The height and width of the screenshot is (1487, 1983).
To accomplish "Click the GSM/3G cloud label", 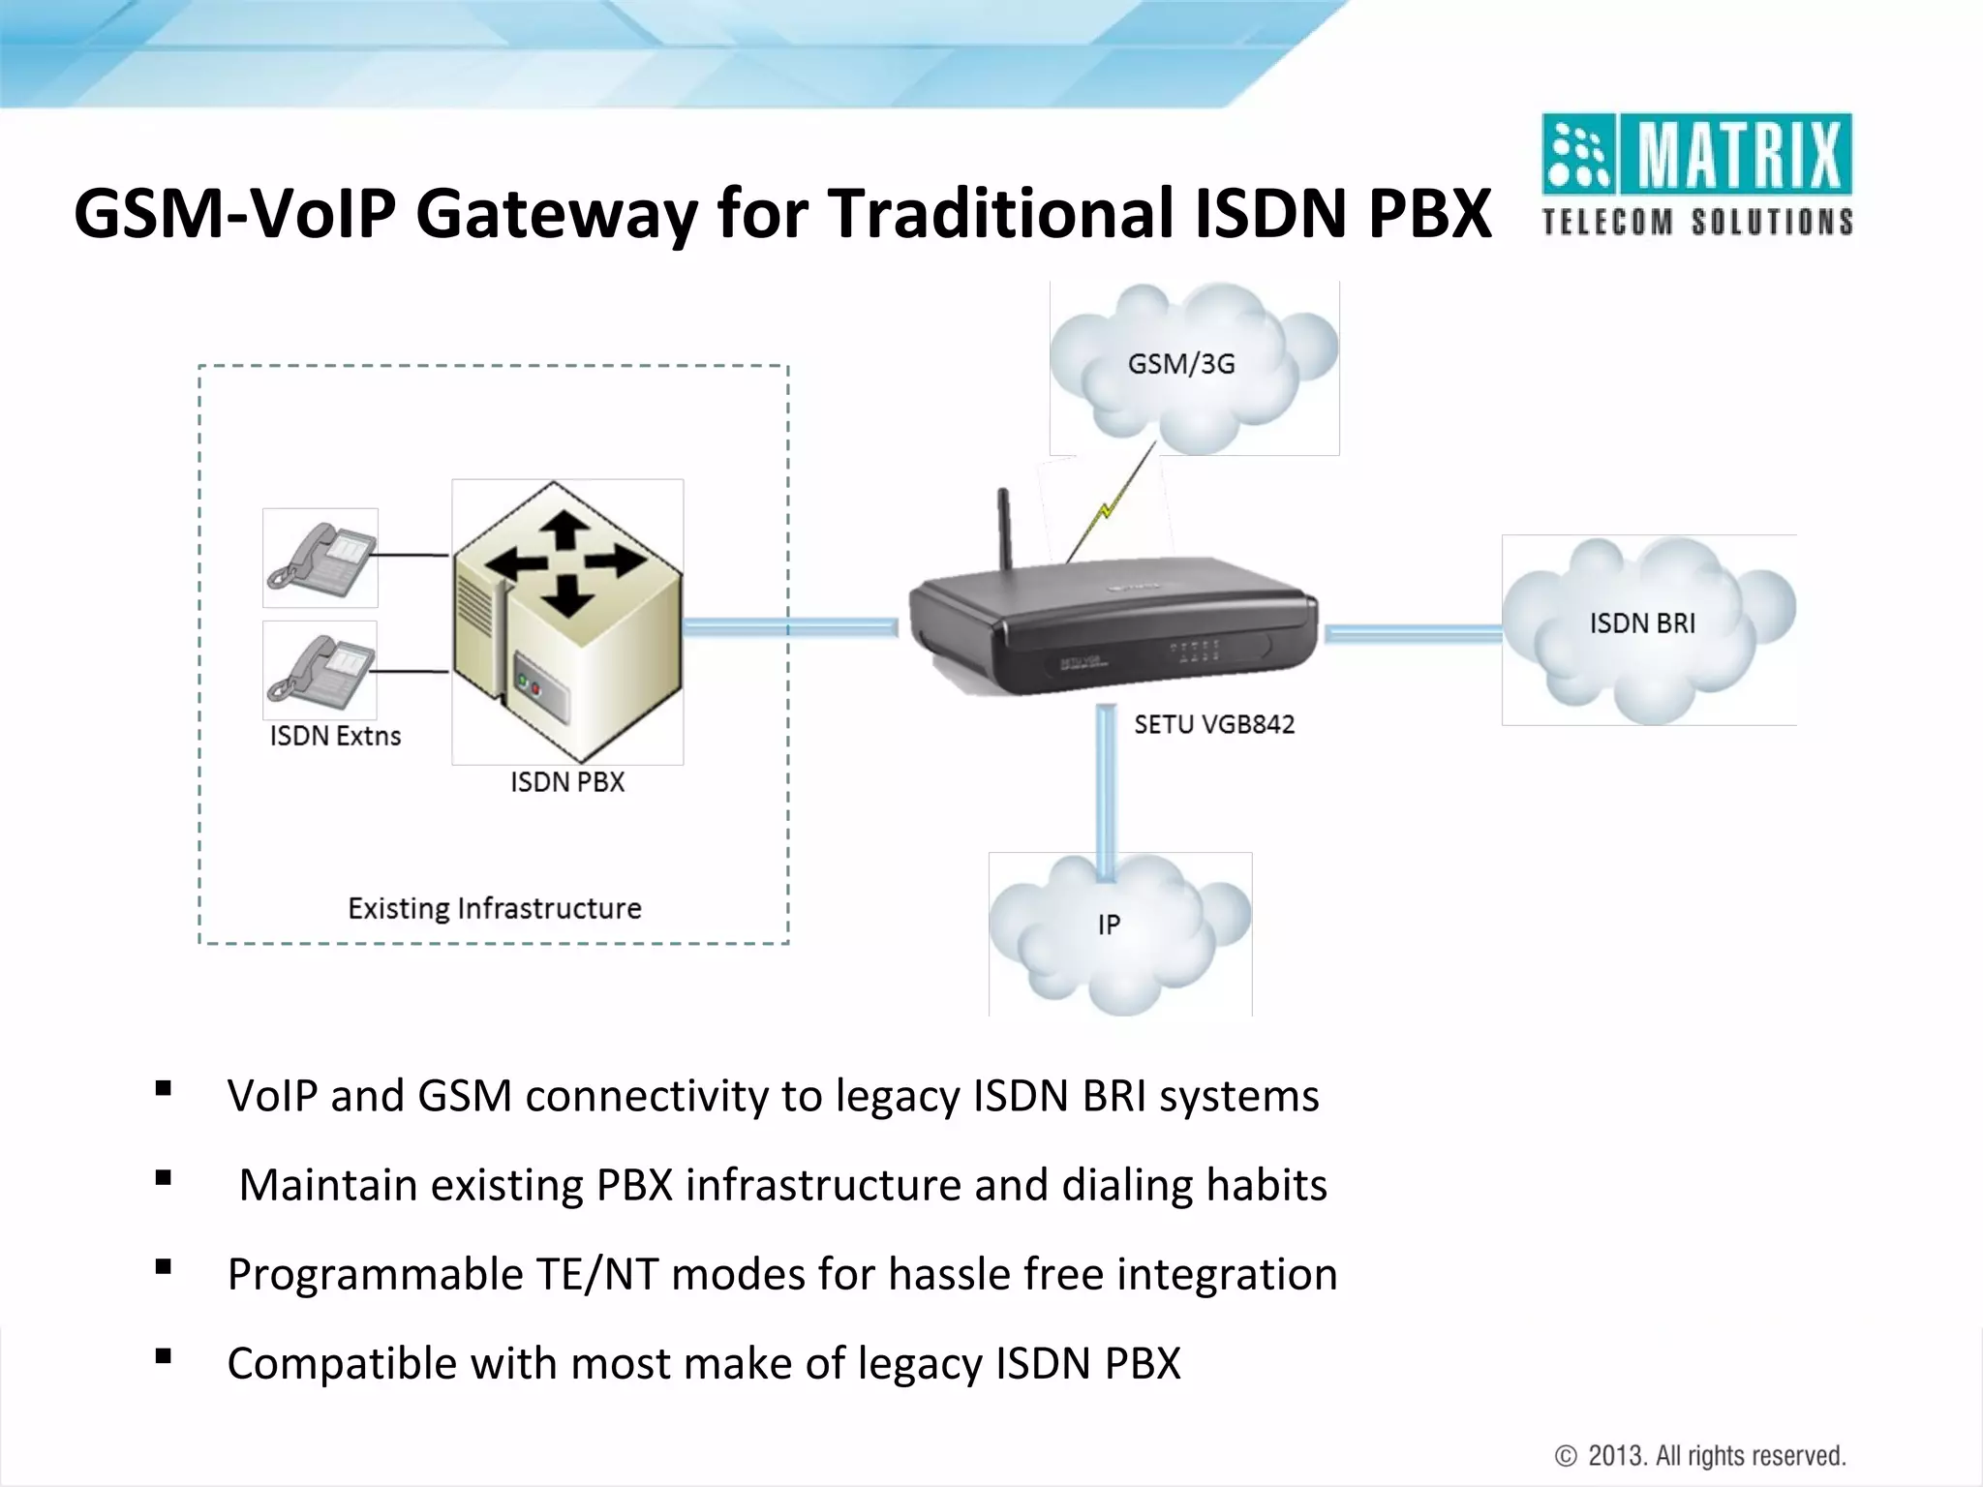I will [x=1181, y=364].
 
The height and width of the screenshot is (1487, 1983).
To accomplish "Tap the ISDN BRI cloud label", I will [x=1642, y=623].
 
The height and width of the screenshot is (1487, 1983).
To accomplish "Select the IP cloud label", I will [x=1109, y=925].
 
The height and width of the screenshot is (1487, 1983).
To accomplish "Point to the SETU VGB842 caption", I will [x=1214, y=724].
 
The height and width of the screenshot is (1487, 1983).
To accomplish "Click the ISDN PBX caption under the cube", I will [x=567, y=782].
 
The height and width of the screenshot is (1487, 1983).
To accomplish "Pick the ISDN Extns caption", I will [x=335, y=736].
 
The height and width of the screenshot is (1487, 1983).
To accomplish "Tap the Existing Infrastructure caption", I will [x=495, y=908].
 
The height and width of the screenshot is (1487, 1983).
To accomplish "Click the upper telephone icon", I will [x=320, y=558].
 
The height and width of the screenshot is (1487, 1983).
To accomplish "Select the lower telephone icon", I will [x=320, y=670].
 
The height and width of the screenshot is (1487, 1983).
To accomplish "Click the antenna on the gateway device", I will [x=1005, y=528].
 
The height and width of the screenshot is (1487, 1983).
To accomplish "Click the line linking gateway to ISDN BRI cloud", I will [x=1412, y=634].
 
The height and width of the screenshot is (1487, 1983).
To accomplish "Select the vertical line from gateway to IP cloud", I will [x=1107, y=784].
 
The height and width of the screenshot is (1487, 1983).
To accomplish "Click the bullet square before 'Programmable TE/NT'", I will [x=163, y=1266].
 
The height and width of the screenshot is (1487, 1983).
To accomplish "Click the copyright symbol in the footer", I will [x=1566, y=1456].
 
